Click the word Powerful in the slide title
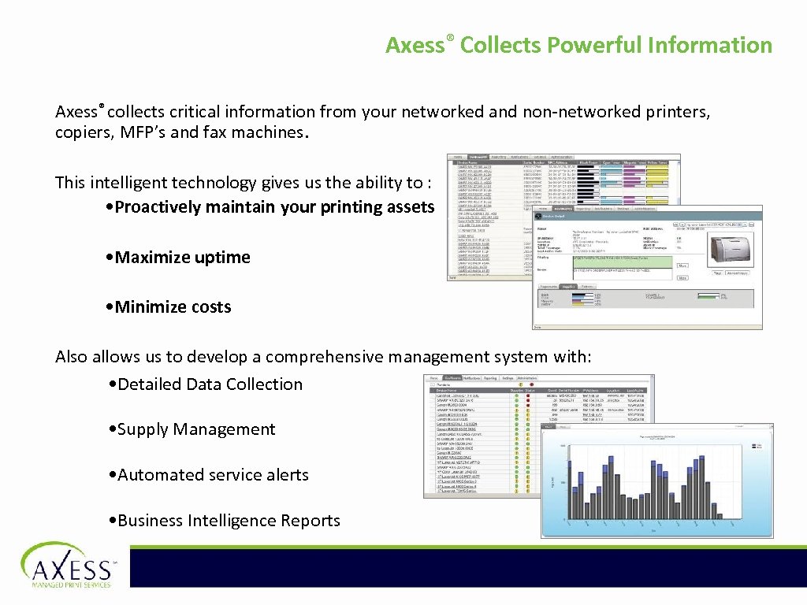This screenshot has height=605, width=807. tap(593, 45)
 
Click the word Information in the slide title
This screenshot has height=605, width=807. tap(710, 45)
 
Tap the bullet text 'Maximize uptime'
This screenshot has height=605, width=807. tap(182, 258)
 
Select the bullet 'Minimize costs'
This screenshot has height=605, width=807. tap(173, 307)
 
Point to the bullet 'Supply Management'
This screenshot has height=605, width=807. tap(195, 429)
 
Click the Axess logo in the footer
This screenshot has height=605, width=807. tap(67, 565)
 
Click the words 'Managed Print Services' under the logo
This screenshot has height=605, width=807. tap(71, 585)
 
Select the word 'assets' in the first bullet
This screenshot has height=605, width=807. tap(411, 207)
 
